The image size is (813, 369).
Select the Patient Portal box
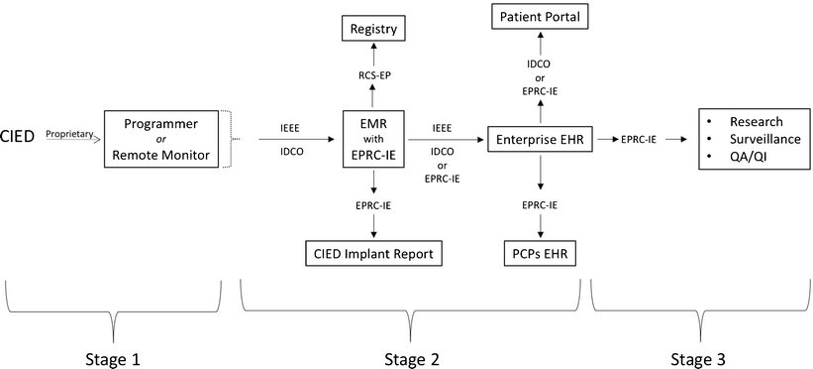pos(540,17)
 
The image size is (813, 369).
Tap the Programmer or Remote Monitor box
pos(158,139)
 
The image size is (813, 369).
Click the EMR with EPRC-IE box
pos(373,140)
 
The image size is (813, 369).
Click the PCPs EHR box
pos(540,255)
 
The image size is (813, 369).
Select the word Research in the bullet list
pos(756,121)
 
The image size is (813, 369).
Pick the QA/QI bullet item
pos(750,159)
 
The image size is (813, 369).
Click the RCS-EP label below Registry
pos(373,73)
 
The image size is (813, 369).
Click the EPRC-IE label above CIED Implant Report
pos(373,204)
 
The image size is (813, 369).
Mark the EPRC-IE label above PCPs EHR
pos(540,204)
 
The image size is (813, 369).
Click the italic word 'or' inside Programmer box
pos(158,139)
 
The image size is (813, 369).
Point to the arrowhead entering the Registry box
pos(373,47)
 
